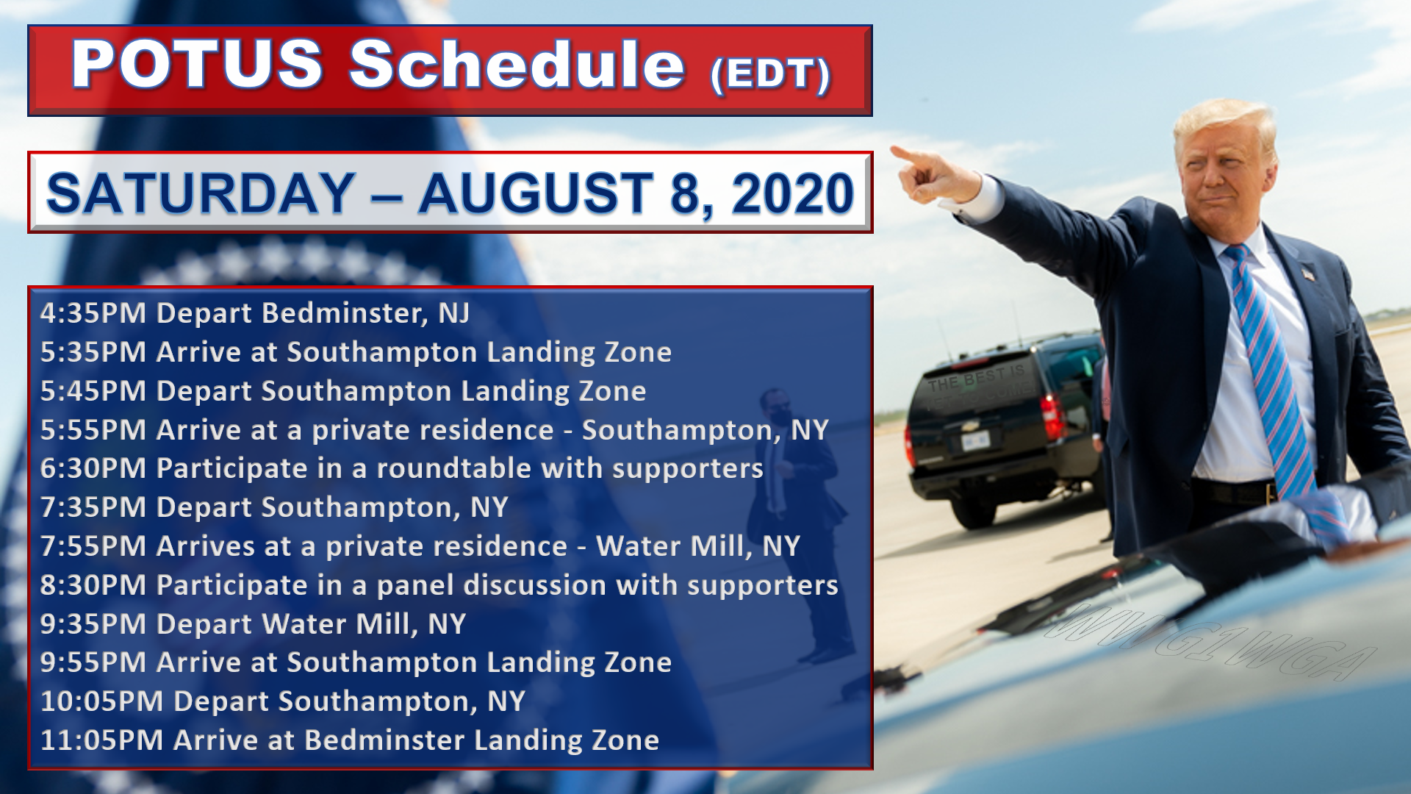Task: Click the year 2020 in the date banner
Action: pyautogui.click(x=792, y=194)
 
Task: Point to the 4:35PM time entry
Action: pyautogui.click(x=93, y=313)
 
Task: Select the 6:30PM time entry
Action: pyautogui.click(x=93, y=468)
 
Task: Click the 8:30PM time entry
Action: pyautogui.click(x=93, y=585)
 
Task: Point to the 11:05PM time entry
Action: pyautogui.click(x=101, y=740)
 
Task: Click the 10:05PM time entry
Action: pyautogui.click(x=101, y=701)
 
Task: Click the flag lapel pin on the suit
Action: pyautogui.click(x=1307, y=274)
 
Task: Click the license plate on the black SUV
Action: pyautogui.click(x=975, y=440)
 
